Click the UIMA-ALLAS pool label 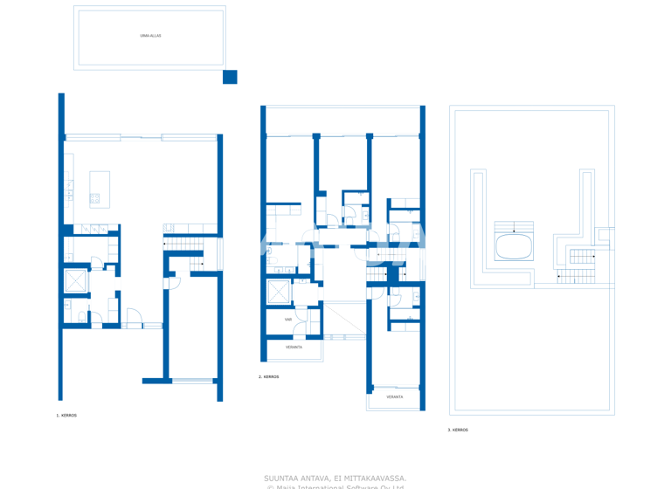150,36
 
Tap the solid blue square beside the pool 230,77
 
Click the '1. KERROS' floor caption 66,416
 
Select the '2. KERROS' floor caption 269,377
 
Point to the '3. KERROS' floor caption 458,430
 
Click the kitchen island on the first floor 100,189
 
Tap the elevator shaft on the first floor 76,281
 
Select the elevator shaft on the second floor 280,292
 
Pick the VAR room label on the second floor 288,320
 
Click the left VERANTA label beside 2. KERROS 294,348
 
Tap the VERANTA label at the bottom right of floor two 395,397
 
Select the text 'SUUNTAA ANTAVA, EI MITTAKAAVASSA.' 335,478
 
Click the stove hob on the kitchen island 94,199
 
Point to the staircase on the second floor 377,275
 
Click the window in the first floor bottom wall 192,381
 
